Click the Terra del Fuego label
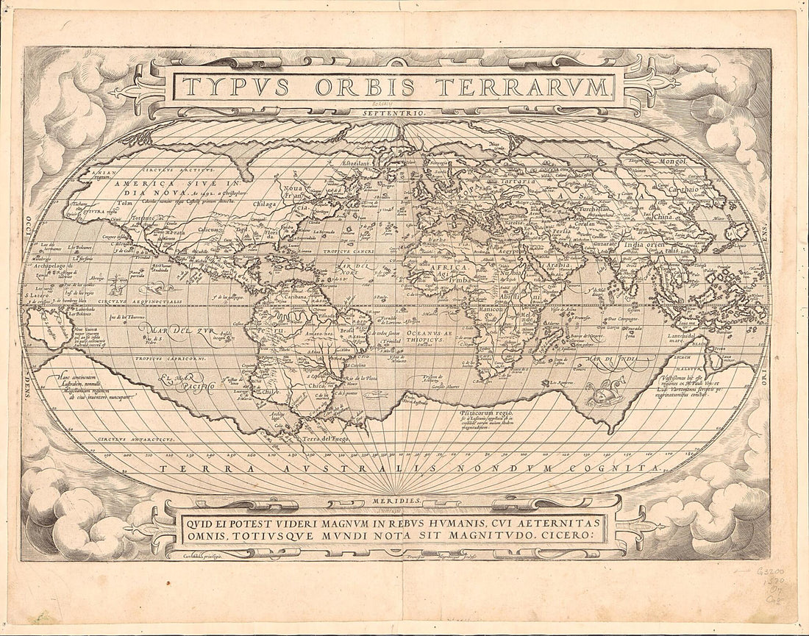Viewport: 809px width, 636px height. coord(324,437)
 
